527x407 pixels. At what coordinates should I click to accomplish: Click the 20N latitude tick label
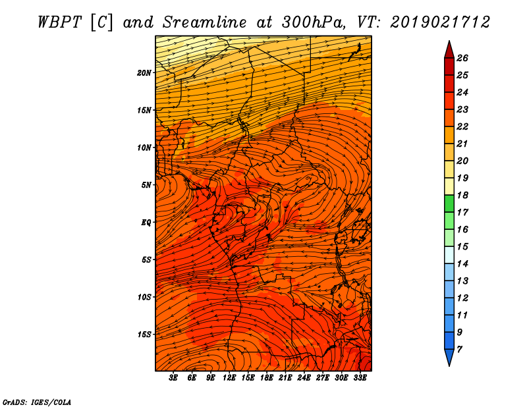[144, 73]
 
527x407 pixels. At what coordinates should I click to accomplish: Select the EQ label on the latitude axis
[146, 223]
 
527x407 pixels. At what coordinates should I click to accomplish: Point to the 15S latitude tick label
[144, 335]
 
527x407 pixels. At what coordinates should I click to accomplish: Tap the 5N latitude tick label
[146, 185]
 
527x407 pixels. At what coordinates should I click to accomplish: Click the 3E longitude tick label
[173, 378]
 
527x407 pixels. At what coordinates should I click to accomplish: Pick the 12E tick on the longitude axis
[229, 378]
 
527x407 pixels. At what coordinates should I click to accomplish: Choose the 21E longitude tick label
[285, 378]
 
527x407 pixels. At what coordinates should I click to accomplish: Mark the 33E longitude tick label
[360, 378]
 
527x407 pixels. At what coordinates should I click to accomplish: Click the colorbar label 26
[462, 58]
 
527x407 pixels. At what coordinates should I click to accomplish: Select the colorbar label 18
[462, 195]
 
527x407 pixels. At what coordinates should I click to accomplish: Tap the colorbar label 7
[459, 350]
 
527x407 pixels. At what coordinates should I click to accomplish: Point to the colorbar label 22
[462, 126]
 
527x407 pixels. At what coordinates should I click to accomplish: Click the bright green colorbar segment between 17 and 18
[449, 203]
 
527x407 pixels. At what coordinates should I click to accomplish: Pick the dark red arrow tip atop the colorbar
[449, 41]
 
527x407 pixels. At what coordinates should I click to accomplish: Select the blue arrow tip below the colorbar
[449, 366]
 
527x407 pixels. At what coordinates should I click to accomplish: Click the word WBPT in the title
[59, 22]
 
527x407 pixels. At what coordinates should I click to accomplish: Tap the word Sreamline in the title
[204, 22]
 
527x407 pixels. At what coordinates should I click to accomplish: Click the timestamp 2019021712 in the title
[440, 22]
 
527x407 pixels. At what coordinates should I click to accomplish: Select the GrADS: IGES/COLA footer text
[37, 402]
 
